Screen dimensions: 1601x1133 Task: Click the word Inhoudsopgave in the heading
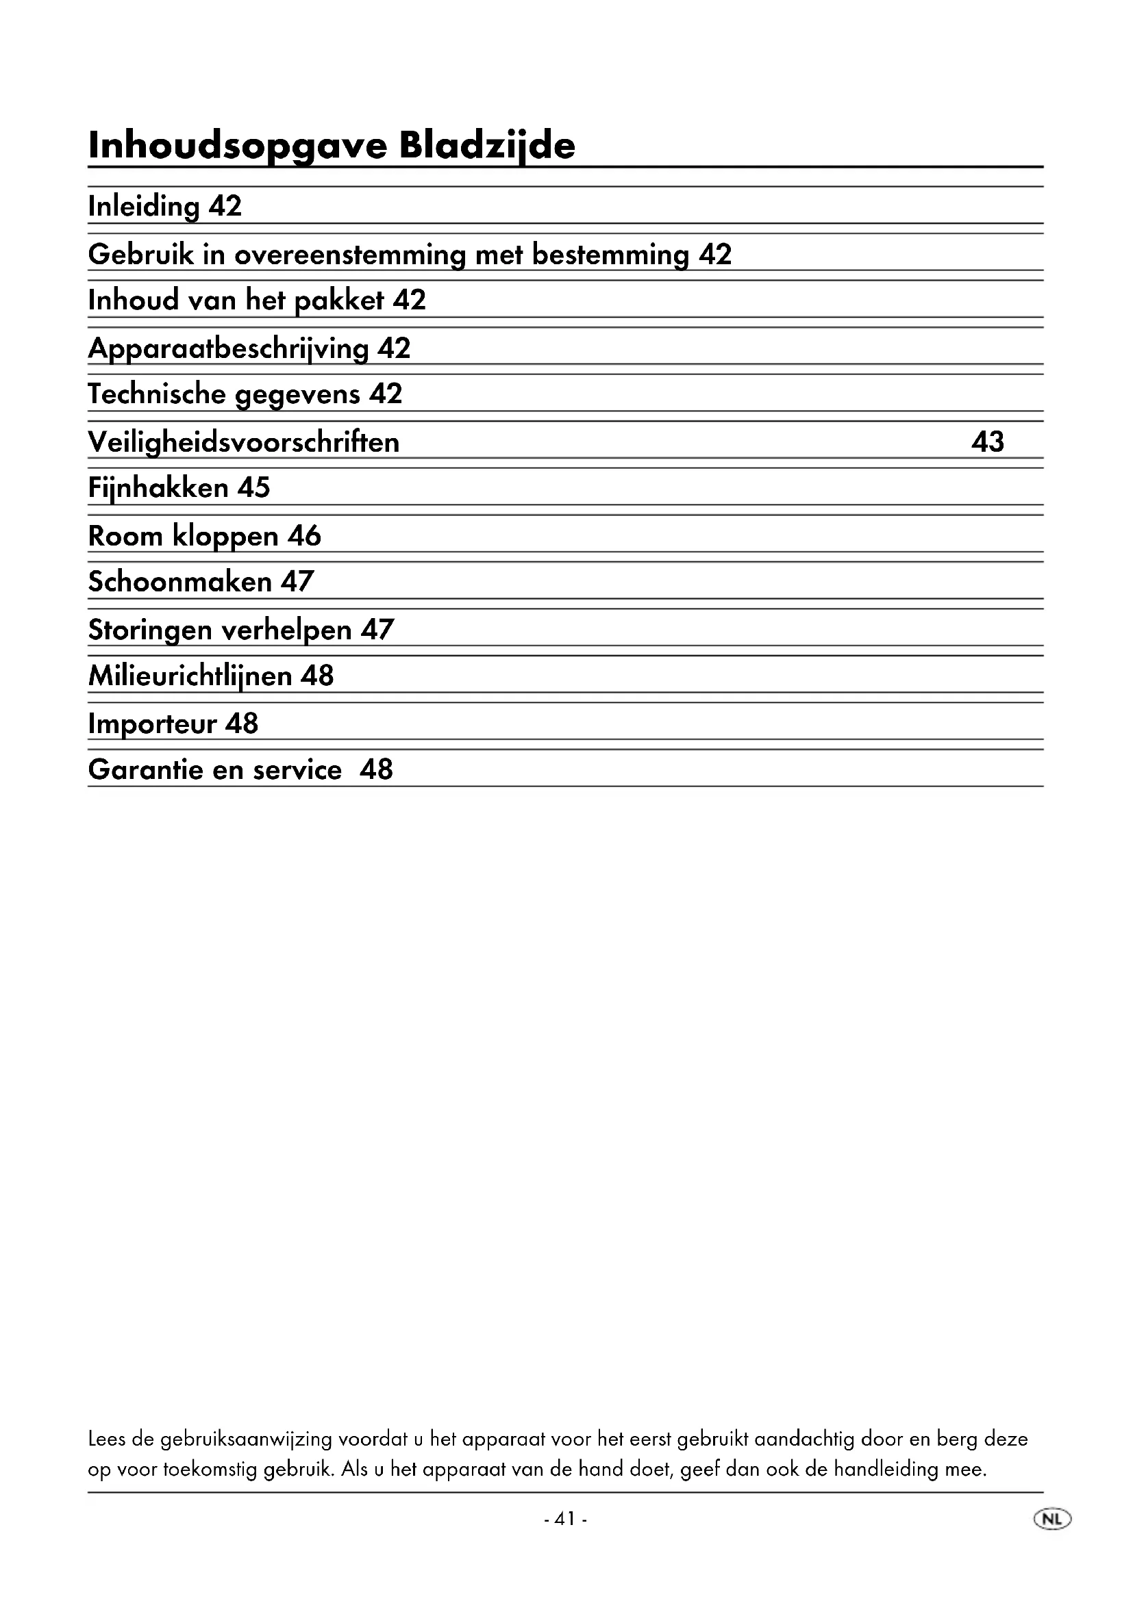237,146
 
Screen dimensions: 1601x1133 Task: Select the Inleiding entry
144,207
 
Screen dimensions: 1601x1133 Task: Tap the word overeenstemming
349,255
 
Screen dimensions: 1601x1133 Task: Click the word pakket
339,300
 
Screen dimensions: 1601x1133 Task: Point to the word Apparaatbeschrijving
228,348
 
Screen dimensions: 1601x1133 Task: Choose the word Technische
157,395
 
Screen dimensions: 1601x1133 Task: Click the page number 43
987,441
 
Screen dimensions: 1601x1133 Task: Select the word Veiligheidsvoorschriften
243,442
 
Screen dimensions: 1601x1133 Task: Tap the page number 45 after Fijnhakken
253,487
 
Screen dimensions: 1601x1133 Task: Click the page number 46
304,536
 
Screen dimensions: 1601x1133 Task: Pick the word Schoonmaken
180,582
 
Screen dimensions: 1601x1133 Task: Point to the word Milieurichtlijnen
190,676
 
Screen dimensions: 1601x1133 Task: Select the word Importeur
152,723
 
